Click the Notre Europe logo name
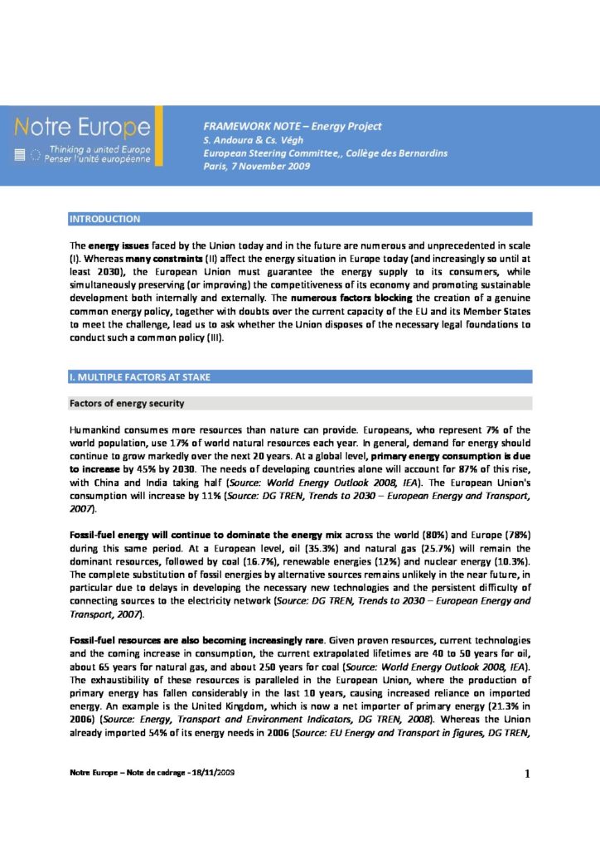(82, 128)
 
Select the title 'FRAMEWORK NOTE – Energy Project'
(293, 126)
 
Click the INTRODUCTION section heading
(104, 219)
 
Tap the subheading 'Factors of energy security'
(126, 403)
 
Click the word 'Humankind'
(95, 430)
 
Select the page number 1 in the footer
(526, 774)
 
